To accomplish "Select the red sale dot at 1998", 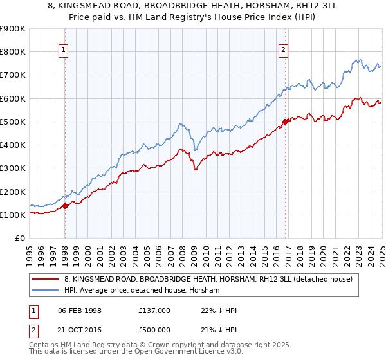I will (x=66, y=206).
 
